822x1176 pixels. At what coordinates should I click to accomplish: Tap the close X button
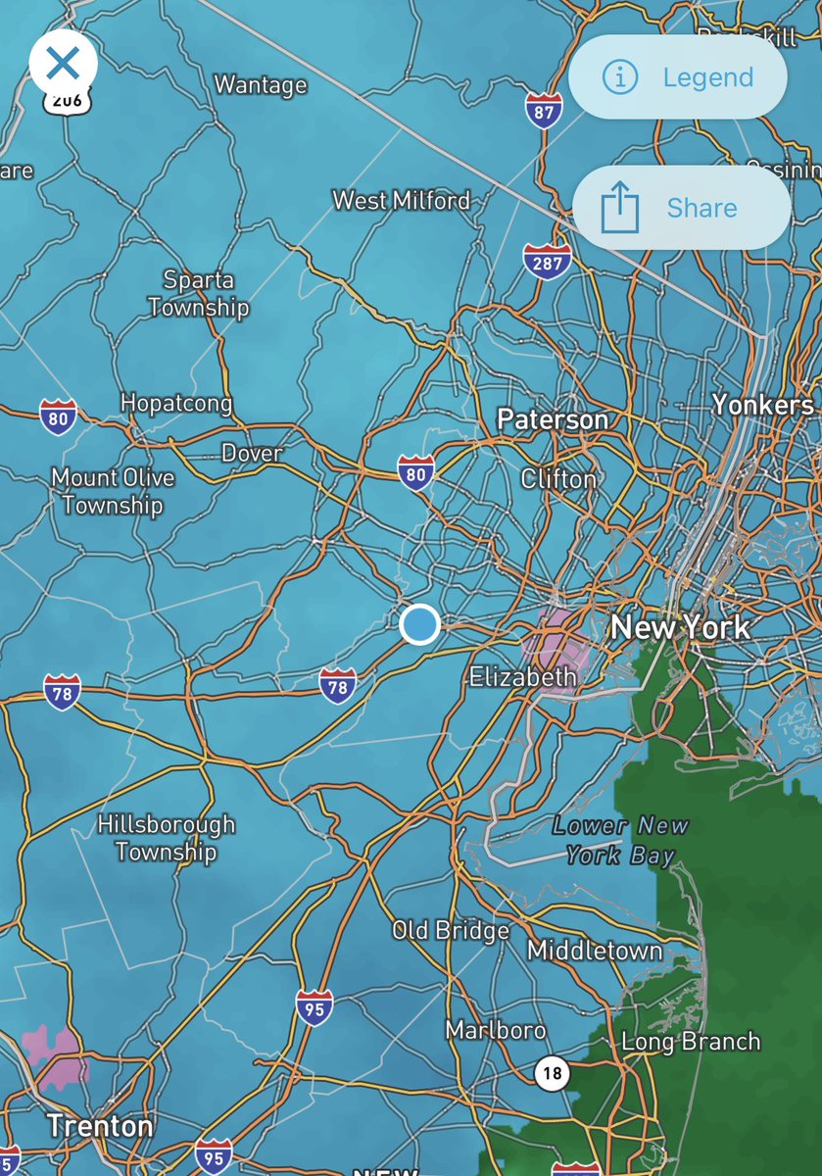pos(63,65)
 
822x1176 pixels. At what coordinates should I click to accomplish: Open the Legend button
pos(678,77)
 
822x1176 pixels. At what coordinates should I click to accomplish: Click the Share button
pos(681,208)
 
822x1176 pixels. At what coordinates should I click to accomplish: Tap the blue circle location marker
pos(419,624)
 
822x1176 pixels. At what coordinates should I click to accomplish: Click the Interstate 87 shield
pos(543,111)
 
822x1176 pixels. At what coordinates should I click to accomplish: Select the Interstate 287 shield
pos(547,262)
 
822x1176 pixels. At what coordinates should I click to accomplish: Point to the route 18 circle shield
pos(553,1073)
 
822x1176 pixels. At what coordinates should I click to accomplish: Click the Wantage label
pos(261,85)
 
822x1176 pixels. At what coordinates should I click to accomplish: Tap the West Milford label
pos(402,201)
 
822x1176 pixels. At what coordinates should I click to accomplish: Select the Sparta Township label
pos(198,294)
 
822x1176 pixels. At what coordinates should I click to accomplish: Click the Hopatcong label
pos(176,403)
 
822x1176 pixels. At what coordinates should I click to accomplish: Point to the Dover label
pos(252,454)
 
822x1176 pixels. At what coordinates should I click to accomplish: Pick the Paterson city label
pos(553,420)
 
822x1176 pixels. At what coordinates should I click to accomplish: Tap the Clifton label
pos(558,479)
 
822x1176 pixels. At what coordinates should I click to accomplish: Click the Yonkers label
pos(762,405)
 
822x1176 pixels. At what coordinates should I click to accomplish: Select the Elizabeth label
pos(522,676)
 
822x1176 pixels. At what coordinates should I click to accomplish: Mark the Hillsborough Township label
pos(167,838)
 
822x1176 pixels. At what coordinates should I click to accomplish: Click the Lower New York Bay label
pos(620,841)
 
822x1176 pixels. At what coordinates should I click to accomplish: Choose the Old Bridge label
pos(451,930)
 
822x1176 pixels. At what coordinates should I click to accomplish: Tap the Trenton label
pos(100,1126)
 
